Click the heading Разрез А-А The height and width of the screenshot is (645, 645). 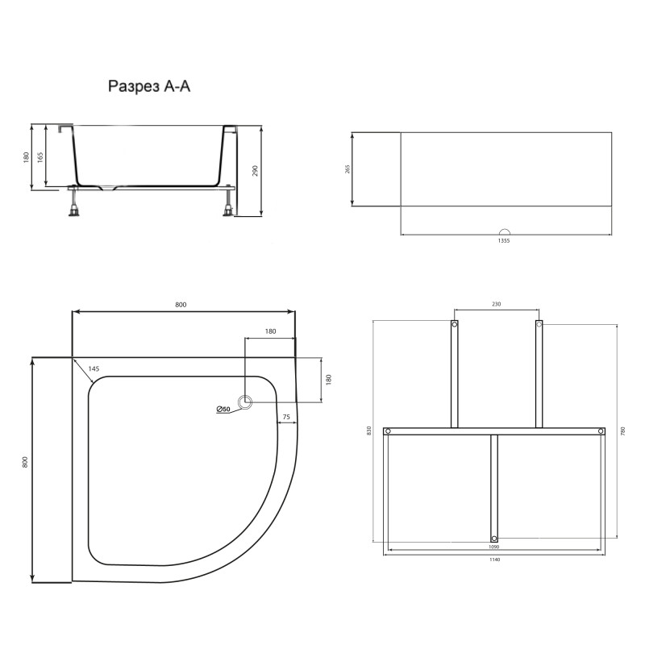(149, 86)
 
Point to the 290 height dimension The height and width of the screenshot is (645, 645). (255, 171)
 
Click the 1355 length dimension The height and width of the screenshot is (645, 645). (503, 240)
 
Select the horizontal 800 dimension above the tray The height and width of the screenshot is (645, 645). (181, 304)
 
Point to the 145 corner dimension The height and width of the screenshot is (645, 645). (94, 369)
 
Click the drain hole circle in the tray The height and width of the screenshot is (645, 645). (245, 402)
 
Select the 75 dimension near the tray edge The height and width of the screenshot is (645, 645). (285, 418)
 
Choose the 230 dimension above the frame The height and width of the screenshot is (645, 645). (496, 304)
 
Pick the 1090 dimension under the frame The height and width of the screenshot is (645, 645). (494, 547)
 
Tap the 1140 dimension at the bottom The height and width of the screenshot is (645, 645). (494, 560)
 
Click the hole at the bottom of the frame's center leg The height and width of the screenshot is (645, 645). (494, 537)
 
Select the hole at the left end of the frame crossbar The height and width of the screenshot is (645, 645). (388, 432)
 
